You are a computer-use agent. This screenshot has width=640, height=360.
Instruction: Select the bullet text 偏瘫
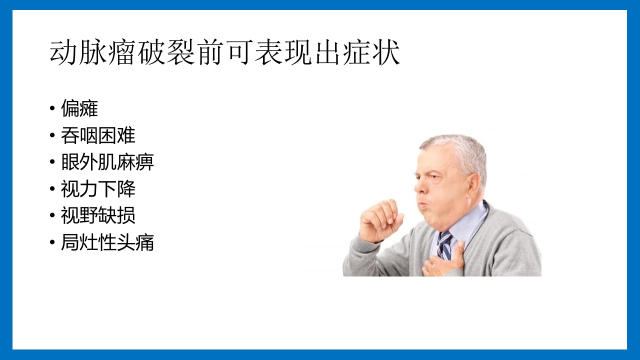79,108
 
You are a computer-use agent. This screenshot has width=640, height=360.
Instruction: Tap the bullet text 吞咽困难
98,135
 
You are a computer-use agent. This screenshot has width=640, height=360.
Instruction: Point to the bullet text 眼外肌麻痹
107,162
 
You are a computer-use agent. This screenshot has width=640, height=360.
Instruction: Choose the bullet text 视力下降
98,189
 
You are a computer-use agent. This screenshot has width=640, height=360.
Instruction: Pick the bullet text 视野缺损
98,216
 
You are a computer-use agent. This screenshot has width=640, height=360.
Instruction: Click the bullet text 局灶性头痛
107,243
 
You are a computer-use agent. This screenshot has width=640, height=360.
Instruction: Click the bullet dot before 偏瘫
52,109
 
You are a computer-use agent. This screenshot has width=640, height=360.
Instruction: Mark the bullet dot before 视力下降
52,189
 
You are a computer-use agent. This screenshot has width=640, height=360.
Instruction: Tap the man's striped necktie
444,244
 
